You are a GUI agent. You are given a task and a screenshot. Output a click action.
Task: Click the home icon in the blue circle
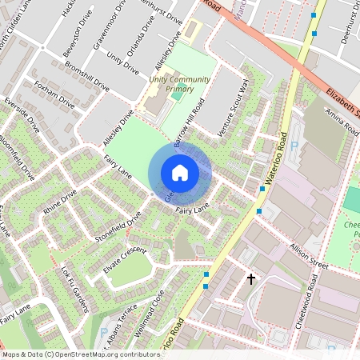pos(180,173)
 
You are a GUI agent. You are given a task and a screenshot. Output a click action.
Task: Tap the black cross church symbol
pos(251,279)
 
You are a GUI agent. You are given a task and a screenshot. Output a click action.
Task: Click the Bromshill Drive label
pos(86,76)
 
